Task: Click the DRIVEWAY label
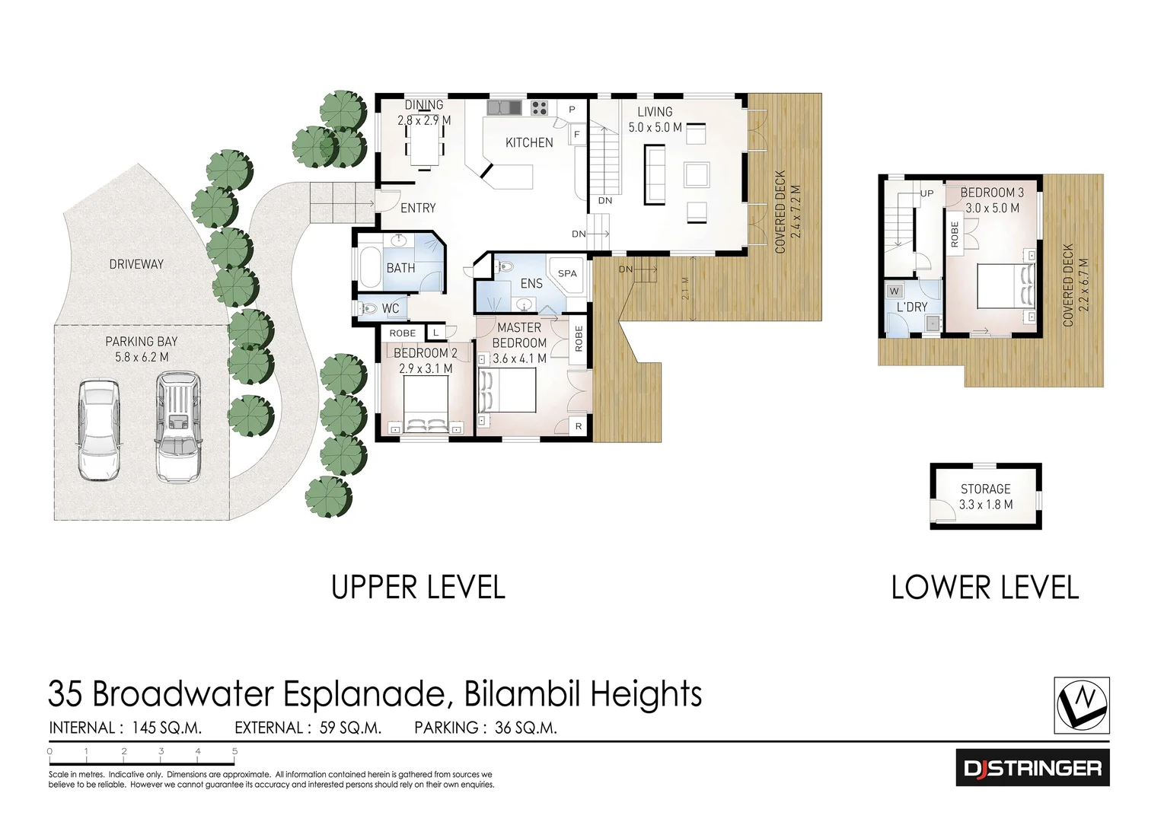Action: (136, 264)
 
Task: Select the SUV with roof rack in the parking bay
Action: (178, 426)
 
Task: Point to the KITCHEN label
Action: (529, 142)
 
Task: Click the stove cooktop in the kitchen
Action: (539, 108)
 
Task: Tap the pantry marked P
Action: (572, 110)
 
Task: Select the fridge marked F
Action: (577, 135)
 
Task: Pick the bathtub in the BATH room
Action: (369, 268)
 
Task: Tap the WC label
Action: (391, 309)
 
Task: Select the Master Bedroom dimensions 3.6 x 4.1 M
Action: (519, 358)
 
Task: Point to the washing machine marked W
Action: (895, 291)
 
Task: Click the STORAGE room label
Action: (985, 489)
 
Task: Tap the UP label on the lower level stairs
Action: (927, 193)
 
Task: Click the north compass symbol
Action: (1082, 705)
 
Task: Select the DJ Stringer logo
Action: (1032, 768)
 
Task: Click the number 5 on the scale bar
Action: (235, 751)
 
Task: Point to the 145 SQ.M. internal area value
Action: (166, 728)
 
